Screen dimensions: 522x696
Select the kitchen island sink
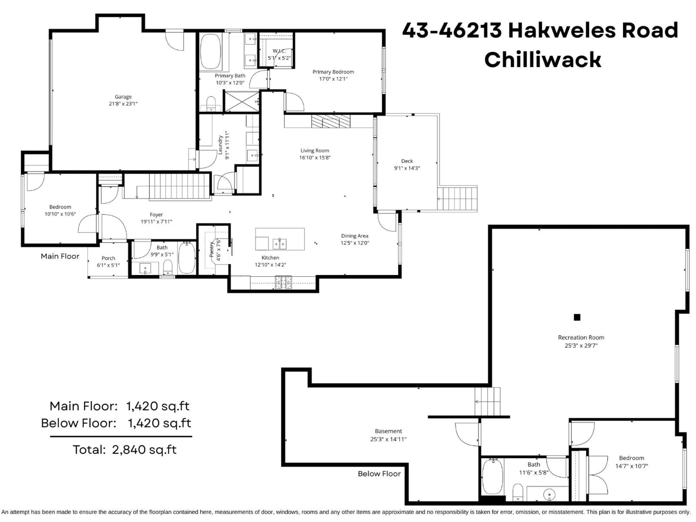point(279,244)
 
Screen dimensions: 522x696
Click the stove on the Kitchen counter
point(283,282)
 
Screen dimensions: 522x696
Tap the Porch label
point(108,258)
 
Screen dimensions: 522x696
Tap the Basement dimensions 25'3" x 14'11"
point(388,439)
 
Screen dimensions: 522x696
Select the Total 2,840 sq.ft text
point(125,450)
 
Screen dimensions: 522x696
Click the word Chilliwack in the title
point(543,60)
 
